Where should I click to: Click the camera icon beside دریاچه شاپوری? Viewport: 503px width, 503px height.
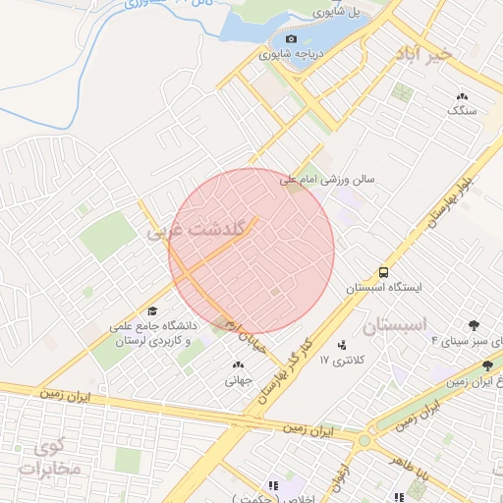(263, 38)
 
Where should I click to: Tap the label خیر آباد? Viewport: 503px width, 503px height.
(422, 55)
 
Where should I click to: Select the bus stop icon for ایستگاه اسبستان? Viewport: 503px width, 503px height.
(382, 271)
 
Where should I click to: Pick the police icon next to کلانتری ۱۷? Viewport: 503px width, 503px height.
(342, 344)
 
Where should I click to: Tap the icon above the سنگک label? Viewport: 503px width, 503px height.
(461, 96)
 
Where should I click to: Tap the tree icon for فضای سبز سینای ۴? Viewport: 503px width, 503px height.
(476, 324)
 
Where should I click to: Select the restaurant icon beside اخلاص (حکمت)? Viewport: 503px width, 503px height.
(274, 484)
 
